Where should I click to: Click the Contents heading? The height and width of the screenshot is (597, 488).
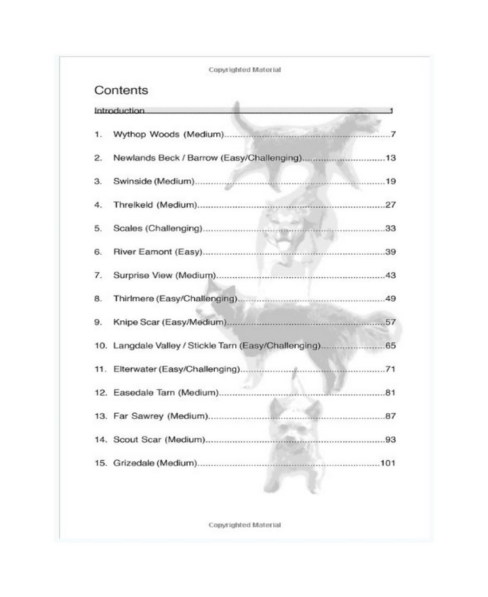point(121,90)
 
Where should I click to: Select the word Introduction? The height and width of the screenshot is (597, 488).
point(119,111)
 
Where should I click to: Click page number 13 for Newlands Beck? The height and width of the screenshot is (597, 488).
point(390,158)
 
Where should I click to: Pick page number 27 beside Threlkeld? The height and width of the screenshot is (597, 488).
point(390,205)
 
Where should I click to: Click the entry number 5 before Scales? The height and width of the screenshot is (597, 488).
point(98,229)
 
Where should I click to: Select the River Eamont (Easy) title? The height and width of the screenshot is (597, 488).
point(158,252)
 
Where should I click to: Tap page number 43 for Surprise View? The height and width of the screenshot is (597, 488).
point(390,275)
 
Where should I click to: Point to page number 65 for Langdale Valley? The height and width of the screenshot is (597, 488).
point(390,346)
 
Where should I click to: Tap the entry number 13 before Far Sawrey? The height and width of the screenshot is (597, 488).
point(101,416)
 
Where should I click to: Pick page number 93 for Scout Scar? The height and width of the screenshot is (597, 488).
point(390,440)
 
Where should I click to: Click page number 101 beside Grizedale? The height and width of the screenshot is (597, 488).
point(388,463)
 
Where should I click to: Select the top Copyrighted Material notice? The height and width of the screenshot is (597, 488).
point(245,70)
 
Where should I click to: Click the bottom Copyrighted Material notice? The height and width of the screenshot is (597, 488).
point(245,525)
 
